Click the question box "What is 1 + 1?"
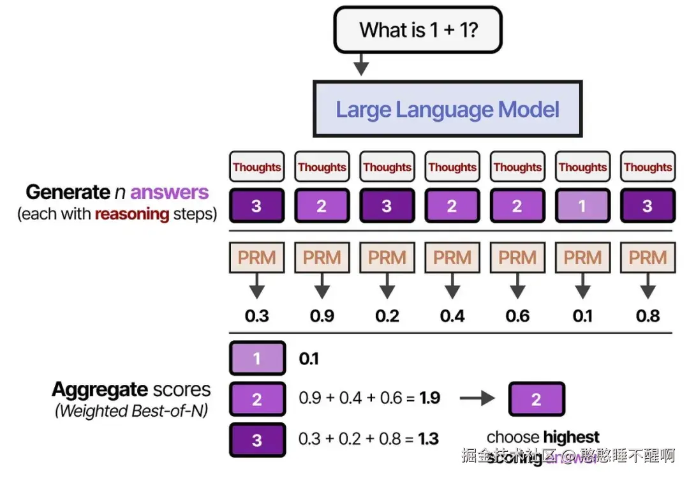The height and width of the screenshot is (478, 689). (418, 29)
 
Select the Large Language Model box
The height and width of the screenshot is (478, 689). (447, 108)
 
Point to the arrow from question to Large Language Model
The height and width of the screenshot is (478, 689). (362, 64)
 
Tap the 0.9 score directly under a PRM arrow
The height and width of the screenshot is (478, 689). (322, 315)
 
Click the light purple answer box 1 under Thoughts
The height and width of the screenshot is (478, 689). (582, 206)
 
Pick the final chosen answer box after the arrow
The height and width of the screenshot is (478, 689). (536, 399)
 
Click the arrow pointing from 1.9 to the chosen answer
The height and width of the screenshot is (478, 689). (477, 398)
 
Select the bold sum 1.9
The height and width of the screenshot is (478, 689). (430, 398)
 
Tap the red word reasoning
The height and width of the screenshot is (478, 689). (131, 214)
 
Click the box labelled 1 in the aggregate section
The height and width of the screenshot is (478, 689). (256, 359)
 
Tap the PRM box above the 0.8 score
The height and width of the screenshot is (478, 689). (648, 257)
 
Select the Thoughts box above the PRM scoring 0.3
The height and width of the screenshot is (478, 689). (256, 167)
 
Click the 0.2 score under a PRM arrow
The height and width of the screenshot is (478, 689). (387, 315)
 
